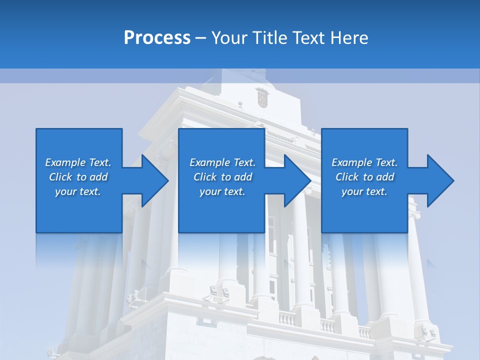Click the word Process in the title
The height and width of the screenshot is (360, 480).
(x=157, y=37)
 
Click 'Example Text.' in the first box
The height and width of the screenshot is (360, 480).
(x=78, y=162)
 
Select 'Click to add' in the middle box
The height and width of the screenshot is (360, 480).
(x=222, y=177)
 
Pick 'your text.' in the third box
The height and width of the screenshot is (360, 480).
(x=364, y=191)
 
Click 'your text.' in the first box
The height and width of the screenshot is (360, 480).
(x=78, y=191)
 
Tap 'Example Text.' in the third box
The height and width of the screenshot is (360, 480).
(x=364, y=162)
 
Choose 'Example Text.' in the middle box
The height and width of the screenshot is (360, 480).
(x=222, y=162)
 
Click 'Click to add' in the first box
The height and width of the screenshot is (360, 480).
(x=78, y=177)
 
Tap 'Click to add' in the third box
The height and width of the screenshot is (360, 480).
(x=364, y=177)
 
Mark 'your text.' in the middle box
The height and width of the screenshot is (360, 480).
(x=222, y=191)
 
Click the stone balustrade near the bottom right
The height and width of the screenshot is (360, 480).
(x=327, y=326)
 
